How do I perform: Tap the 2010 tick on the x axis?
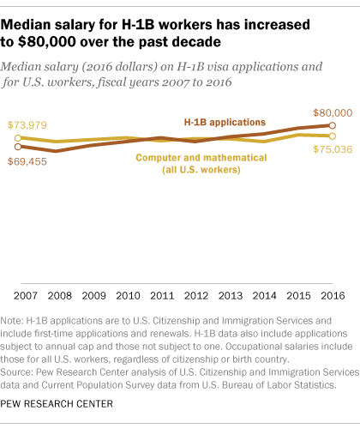click(x=129, y=296)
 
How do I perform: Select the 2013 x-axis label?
click(x=232, y=296)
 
